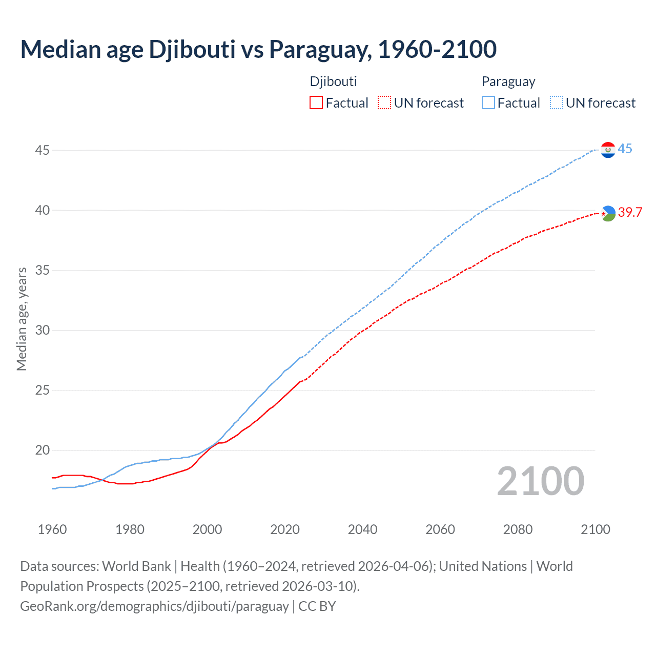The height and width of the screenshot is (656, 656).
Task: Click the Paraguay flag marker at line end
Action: point(608,150)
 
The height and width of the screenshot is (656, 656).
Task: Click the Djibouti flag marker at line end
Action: point(608,213)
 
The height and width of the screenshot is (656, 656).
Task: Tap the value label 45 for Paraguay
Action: point(625,149)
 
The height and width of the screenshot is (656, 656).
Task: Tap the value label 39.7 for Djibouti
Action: point(630,213)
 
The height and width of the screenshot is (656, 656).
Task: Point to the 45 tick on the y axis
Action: point(43,151)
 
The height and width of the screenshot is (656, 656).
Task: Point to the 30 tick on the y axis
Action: point(43,331)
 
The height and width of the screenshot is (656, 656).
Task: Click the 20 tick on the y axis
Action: point(43,450)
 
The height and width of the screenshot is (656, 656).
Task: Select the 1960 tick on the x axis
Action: point(52,529)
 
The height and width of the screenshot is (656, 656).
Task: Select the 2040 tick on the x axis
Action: point(362,529)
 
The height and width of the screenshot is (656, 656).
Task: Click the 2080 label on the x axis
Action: point(518,529)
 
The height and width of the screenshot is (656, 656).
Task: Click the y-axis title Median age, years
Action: point(22,319)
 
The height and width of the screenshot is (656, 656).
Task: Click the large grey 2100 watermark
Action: point(540,481)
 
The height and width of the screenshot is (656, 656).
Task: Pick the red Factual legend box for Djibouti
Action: point(316,103)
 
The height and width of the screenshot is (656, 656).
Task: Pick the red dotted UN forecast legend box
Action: point(384,103)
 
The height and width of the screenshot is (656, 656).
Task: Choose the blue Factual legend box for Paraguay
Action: point(488,103)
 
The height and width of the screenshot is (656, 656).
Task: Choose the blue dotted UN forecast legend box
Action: point(556,103)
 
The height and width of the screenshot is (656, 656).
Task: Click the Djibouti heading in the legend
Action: point(333,81)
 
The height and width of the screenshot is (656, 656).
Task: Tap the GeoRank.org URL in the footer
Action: point(154,606)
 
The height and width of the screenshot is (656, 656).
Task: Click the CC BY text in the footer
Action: point(317,606)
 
